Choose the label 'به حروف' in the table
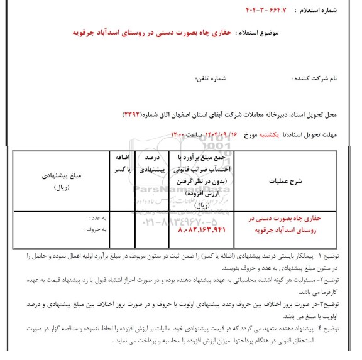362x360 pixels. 94,229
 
